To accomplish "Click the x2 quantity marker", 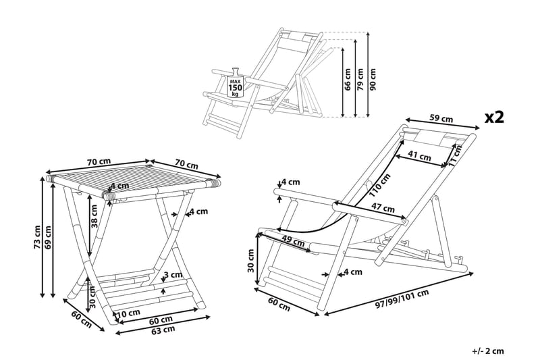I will point(495,117).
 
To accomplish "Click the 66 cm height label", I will point(348,80).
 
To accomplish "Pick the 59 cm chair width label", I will point(441,119).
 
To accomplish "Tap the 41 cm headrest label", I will point(420,156).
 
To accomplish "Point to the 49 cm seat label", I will point(292,240).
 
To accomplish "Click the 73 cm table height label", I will point(37,238).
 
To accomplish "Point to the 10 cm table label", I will point(128,313).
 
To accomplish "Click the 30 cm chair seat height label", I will point(250,260).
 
